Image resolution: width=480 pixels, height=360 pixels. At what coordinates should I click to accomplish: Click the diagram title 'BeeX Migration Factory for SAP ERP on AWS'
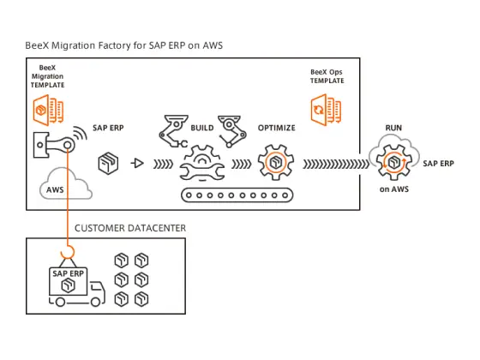click(123, 45)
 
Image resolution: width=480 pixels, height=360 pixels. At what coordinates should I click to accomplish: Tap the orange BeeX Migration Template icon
click(48, 111)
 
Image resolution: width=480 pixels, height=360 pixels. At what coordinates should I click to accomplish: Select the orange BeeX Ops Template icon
click(326, 110)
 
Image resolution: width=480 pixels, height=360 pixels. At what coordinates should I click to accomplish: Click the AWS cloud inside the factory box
click(65, 184)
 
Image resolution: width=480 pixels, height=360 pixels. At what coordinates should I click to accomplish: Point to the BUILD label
click(202, 128)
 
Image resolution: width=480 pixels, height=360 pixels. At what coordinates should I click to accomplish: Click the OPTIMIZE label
click(276, 128)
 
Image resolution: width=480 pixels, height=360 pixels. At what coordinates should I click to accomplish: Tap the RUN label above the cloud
click(393, 128)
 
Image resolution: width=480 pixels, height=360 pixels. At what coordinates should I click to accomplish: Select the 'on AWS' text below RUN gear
click(394, 189)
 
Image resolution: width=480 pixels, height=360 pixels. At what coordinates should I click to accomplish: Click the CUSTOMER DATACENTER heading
click(130, 228)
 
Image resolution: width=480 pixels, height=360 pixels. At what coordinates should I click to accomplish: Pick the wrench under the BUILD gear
click(202, 171)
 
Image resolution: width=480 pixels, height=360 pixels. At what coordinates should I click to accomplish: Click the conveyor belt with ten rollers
click(237, 195)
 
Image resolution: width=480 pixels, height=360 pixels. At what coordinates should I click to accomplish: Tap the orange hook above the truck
click(68, 253)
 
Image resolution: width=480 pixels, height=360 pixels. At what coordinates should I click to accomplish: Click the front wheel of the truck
click(95, 302)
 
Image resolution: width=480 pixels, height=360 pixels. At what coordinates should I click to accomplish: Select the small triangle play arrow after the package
click(137, 163)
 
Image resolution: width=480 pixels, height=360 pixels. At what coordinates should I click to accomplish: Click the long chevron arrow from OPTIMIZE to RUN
click(336, 164)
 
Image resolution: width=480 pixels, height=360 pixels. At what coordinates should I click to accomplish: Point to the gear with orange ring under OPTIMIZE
click(276, 163)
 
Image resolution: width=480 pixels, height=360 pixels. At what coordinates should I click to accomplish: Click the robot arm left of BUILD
click(173, 131)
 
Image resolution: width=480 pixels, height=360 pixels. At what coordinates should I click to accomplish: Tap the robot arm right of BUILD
click(232, 131)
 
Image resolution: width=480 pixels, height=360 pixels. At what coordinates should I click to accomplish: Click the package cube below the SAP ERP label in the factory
click(108, 163)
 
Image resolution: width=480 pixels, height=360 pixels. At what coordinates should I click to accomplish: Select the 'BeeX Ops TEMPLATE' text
click(327, 76)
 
